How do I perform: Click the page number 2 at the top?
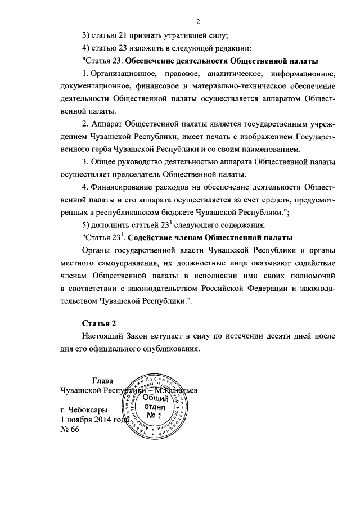[199, 22]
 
